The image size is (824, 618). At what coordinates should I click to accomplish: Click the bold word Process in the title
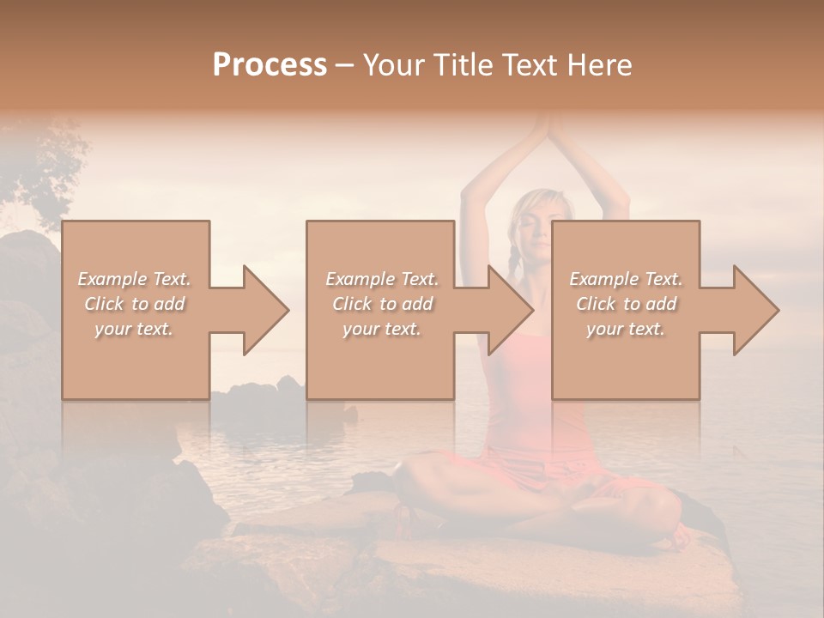[x=270, y=65]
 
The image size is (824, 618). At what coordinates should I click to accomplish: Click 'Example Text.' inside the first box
[x=135, y=279]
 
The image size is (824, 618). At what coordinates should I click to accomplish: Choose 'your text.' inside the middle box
[x=380, y=329]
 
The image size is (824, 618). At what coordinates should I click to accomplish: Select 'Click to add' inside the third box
[x=625, y=304]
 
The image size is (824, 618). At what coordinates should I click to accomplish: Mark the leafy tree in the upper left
[x=47, y=167]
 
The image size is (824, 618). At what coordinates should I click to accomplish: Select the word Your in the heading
[x=394, y=65]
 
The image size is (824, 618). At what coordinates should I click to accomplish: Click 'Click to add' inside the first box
[x=135, y=304]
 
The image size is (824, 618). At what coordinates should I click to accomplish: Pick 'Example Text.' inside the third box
[x=625, y=279]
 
